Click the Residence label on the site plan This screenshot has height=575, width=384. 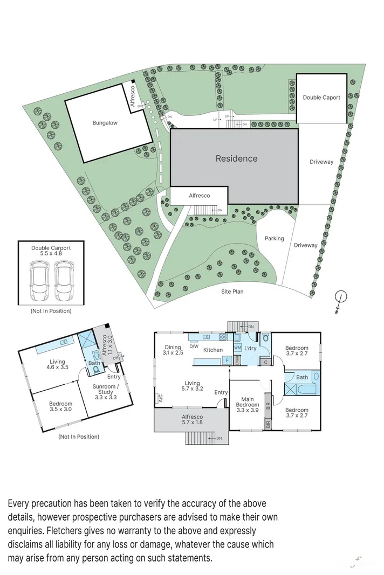pyautogui.click(x=236, y=158)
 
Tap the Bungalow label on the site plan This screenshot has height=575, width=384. pyautogui.click(x=105, y=123)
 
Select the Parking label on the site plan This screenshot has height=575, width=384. pyautogui.click(x=274, y=238)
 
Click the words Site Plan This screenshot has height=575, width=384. pyautogui.click(x=232, y=292)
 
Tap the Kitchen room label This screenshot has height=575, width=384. pyautogui.click(x=213, y=350)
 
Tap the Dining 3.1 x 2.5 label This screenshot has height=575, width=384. pyautogui.click(x=173, y=350)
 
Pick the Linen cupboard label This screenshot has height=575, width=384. pyautogui.click(x=238, y=359)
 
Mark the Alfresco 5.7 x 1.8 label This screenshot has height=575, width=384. pyautogui.click(x=192, y=420)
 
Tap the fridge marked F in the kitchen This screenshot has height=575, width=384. pyautogui.click(x=228, y=359)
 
